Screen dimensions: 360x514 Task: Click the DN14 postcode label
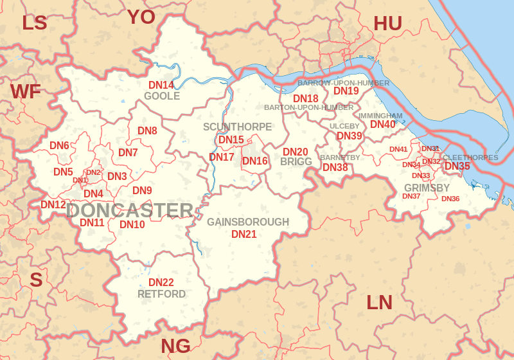pos(161,85)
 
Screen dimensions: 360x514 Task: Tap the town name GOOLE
pos(162,96)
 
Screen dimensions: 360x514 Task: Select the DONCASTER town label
pos(130,210)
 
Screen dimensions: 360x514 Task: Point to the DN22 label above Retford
pos(161,282)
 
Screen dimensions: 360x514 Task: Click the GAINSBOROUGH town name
pos(248,222)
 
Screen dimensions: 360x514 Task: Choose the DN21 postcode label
pos(244,234)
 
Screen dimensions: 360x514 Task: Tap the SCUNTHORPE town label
pos(237,127)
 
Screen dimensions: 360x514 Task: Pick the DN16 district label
pos(255,161)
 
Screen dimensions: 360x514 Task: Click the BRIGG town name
pos(296,162)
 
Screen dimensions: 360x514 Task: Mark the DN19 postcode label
pos(346,91)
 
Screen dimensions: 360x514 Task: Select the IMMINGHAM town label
pos(380,116)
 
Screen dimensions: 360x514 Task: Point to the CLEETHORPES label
pos(470,157)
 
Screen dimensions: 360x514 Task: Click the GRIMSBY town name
pos(427,188)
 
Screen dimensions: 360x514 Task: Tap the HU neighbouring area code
pos(387,24)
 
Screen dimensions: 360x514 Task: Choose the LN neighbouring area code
pos(379,302)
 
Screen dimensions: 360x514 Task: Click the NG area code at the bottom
pos(175,346)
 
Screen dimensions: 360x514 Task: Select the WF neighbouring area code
pos(25,92)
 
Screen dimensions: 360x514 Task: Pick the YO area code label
pos(141,17)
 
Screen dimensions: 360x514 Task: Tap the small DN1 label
pos(80,181)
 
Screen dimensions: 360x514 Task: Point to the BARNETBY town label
pos(340,157)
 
